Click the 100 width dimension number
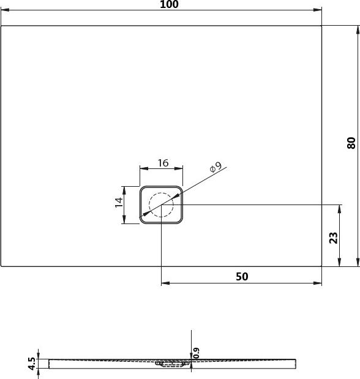tap(169, 4)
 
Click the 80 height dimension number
tap(351, 143)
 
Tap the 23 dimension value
tap(334, 238)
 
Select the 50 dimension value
tap(242, 277)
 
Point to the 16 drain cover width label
tap(163, 163)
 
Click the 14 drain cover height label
tap(119, 202)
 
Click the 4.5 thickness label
tap(32, 364)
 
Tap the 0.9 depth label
tap(197, 353)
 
